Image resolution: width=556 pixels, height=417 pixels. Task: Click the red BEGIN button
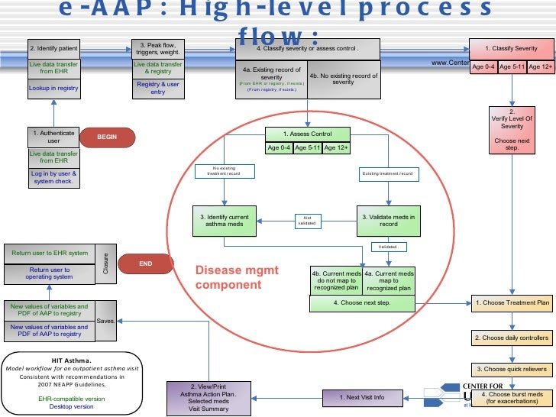point(107,137)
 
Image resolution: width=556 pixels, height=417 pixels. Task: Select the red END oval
point(146,263)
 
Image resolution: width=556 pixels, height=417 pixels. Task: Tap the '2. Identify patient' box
point(53,49)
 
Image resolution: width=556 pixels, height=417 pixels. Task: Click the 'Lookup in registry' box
point(53,89)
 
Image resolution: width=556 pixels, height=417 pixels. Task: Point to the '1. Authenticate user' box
point(53,137)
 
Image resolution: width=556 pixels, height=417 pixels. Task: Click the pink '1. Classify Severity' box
point(512,48)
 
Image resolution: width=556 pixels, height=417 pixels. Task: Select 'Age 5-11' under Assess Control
point(309,148)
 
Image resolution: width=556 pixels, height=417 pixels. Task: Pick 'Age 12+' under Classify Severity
point(541,67)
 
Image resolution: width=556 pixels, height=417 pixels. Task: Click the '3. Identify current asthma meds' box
point(225,221)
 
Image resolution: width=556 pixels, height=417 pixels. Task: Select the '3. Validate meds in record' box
point(389,221)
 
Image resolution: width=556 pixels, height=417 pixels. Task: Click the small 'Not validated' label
point(306,221)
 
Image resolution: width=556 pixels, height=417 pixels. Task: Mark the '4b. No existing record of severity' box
point(343,79)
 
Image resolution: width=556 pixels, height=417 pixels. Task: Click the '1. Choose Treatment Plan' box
point(512,303)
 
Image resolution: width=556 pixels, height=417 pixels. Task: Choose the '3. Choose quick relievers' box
point(512,369)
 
